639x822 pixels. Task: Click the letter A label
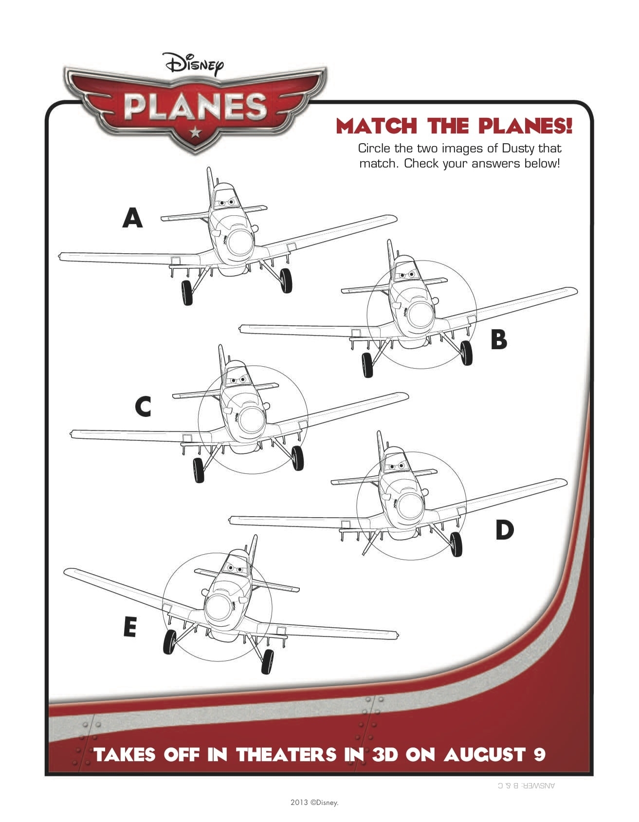click(x=132, y=218)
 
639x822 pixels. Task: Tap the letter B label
click(x=499, y=339)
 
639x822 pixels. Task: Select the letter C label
click(x=143, y=407)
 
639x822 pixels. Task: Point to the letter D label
click(x=504, y=530)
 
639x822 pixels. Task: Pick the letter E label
click(x=129, y=627)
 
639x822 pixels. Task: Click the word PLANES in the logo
click(x=195, y=108)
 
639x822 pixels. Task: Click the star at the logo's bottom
click(x=195, y=132)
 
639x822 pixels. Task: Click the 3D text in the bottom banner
click(x=385, y=755)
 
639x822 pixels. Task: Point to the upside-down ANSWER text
click(x=527, y=785)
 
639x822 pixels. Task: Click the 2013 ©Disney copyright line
click(x=314, y=803)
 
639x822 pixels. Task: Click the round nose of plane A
click(x=240, y=242)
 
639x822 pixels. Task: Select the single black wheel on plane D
click(x=456, y=543)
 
